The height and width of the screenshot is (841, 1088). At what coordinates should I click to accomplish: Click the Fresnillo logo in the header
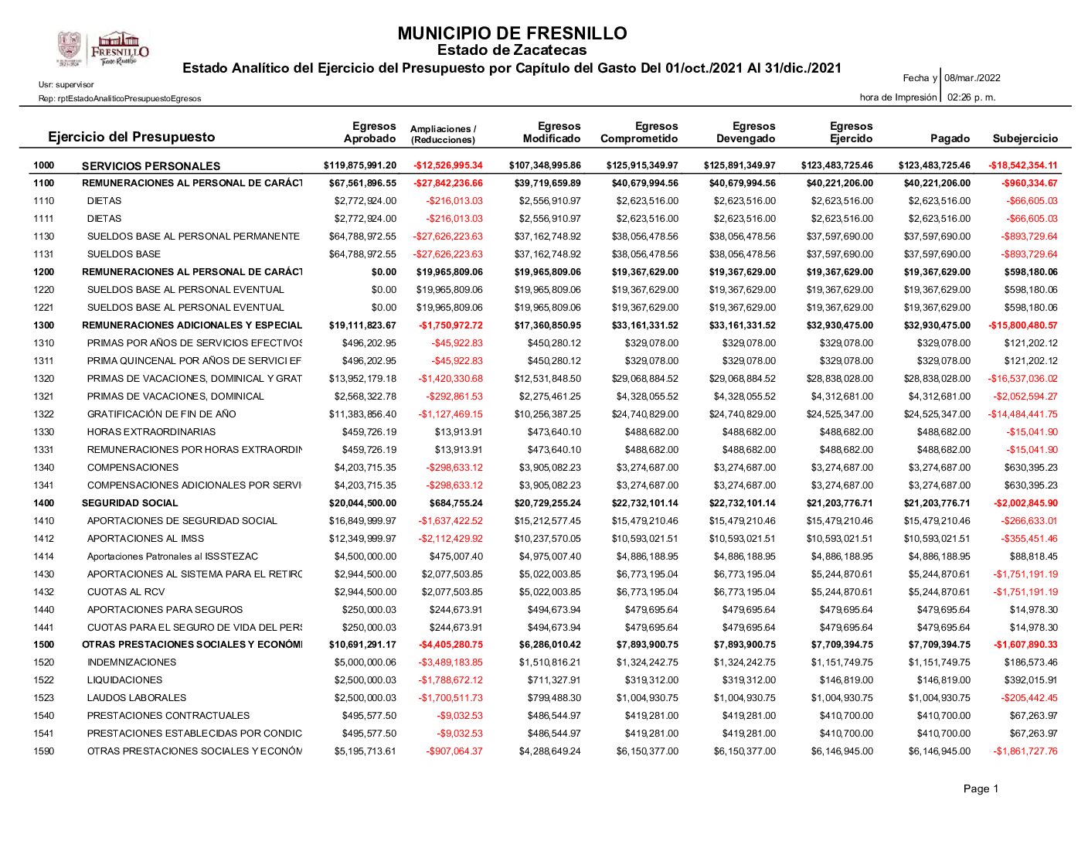(102, 49)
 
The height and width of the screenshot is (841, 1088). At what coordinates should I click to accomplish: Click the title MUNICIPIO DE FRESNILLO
(512, 33)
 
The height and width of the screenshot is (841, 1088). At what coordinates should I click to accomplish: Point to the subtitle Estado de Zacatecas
(512, 50)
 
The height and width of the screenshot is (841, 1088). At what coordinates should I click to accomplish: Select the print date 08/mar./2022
(972, 78)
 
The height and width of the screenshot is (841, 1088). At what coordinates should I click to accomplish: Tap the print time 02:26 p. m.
(971, 97)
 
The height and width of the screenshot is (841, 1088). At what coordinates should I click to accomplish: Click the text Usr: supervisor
(66, 84)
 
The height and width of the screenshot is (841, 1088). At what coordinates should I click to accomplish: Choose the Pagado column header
(950, 138)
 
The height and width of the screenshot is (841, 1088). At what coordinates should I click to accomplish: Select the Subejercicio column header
(1025, 138)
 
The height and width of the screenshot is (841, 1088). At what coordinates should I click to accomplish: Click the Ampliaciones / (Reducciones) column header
(444, 134)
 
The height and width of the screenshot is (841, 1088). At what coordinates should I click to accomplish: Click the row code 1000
(44, 165)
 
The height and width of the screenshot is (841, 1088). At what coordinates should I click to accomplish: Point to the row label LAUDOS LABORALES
(137, 698)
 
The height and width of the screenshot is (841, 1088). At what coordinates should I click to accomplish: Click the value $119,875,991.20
(360, 165)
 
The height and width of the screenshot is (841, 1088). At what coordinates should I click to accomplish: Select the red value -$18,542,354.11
(1022, 165)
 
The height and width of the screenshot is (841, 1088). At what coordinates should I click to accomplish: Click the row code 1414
(44, 557)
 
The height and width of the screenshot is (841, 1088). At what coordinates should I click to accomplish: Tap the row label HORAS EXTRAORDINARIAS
(151, 432)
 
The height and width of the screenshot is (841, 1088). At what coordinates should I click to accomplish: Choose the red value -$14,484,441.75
(1022, 414)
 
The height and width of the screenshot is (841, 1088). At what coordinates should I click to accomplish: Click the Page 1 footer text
(981, 788)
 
